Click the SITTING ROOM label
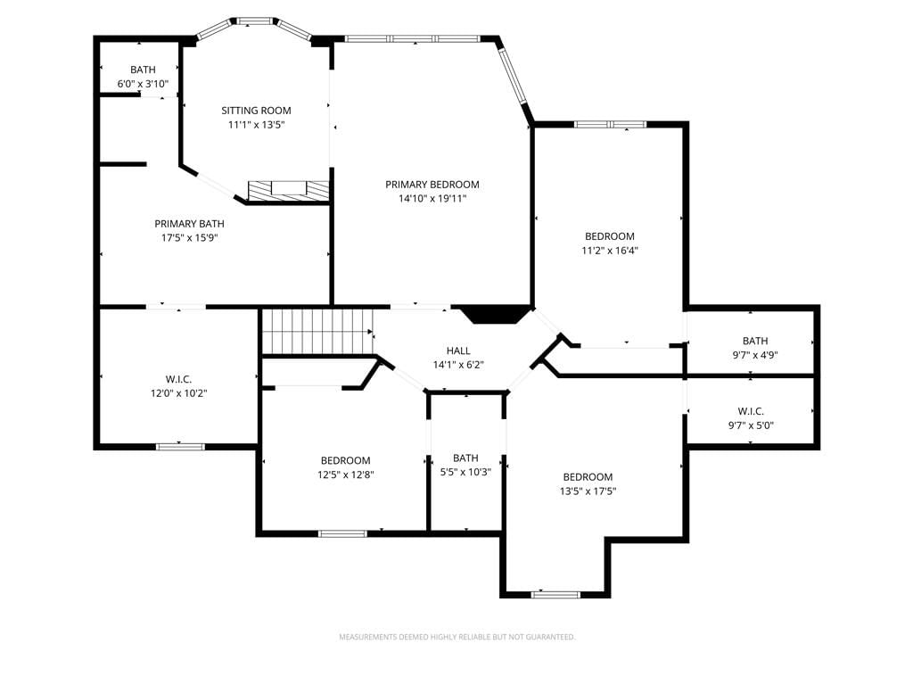tap(256, 111)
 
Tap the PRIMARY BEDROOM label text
tap(432, 185)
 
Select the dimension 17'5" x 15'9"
tap(189, 237)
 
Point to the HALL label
tap(458, 351)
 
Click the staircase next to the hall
tap(317, 332)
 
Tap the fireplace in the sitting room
tap(288, 191)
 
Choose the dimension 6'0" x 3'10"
tap(143, 84)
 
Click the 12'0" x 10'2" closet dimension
tap(178, 393)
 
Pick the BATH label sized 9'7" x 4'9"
tap(755, 341)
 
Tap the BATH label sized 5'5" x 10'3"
tap(465, 458)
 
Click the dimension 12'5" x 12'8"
tap(345, 475)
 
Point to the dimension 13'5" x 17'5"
tap(588, 491)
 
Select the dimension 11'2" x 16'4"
tap(610, 251)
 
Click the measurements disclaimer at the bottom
tap(457, 637)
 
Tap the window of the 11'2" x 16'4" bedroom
tap(610, 124)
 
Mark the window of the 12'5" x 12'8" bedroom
tap(343, 533)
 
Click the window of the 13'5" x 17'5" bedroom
tap(556, 595)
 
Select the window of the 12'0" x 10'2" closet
tap(180, 447)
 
